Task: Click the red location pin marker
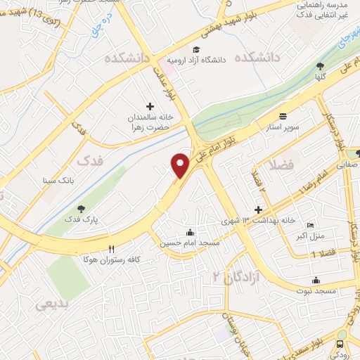tap(181, 164)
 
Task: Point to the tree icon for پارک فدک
tap(81, 208)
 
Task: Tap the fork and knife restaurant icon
tap(111, 249)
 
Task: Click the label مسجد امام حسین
tap(190, 243)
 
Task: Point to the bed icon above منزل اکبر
tap(310, 225)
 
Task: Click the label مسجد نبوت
tap(316, 290)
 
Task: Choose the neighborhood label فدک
tap(90, 161)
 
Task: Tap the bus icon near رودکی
tap(340, 344)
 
